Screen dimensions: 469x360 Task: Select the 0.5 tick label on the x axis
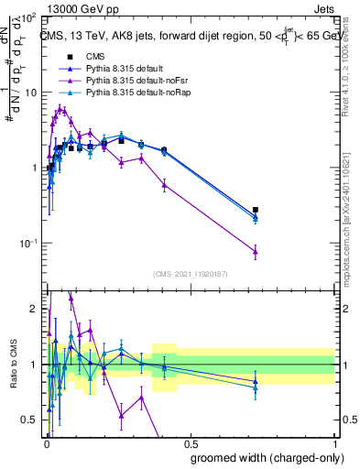190,443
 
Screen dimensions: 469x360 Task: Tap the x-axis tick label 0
46,443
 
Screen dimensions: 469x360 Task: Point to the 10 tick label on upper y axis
30,92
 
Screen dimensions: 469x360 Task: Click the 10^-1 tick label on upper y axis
28,243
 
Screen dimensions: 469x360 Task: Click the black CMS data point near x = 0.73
256,210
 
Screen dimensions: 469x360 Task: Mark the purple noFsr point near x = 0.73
256,251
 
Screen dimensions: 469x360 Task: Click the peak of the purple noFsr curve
60,108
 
